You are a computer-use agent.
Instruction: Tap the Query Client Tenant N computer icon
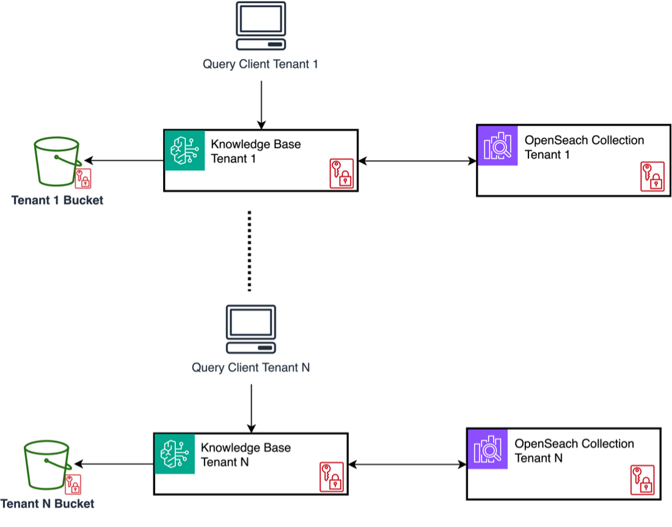tap(250, 329)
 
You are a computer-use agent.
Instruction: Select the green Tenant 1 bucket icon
tap(57, 161)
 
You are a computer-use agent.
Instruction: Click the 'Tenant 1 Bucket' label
tap(57, 200)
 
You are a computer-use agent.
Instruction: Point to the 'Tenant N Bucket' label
tap(48, 504)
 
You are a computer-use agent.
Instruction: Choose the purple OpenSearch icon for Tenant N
tap(487, 448)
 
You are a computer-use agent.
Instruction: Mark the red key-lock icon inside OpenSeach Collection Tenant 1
tap(652, 176)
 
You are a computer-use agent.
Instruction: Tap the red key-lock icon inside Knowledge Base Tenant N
tap(331, 476)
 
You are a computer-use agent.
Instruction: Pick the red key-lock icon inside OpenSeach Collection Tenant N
tap(642, 480)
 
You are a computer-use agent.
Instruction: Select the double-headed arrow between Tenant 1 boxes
tap(417, 161)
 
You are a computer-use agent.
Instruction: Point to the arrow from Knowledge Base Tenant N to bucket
tap(116, 464)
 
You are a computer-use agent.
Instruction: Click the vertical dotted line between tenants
tap(249, 250)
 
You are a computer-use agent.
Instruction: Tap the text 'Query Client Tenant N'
tap(250, 368)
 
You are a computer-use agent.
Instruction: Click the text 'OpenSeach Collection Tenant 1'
tap(584, 148)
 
